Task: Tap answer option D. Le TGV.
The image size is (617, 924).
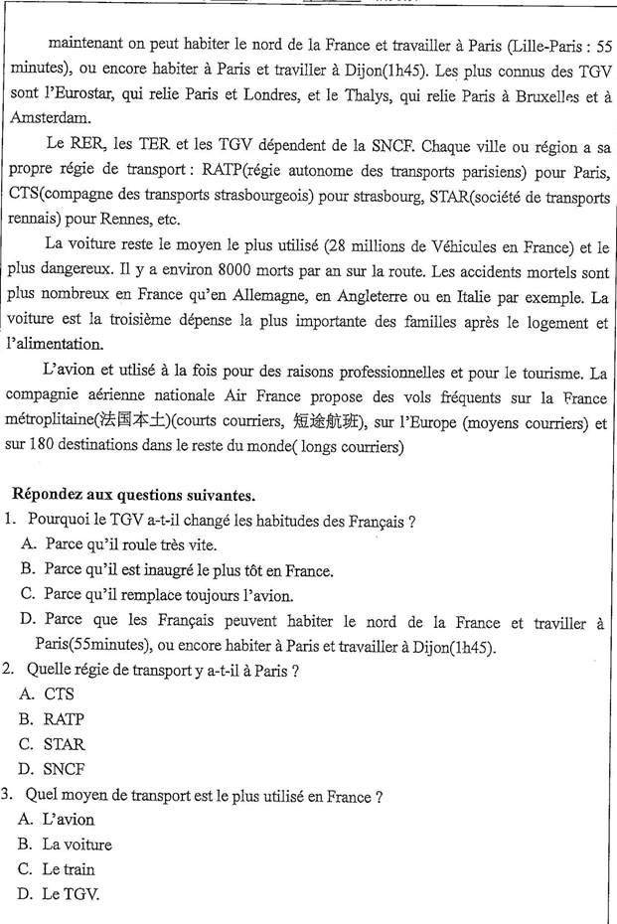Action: tap(59, 894)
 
